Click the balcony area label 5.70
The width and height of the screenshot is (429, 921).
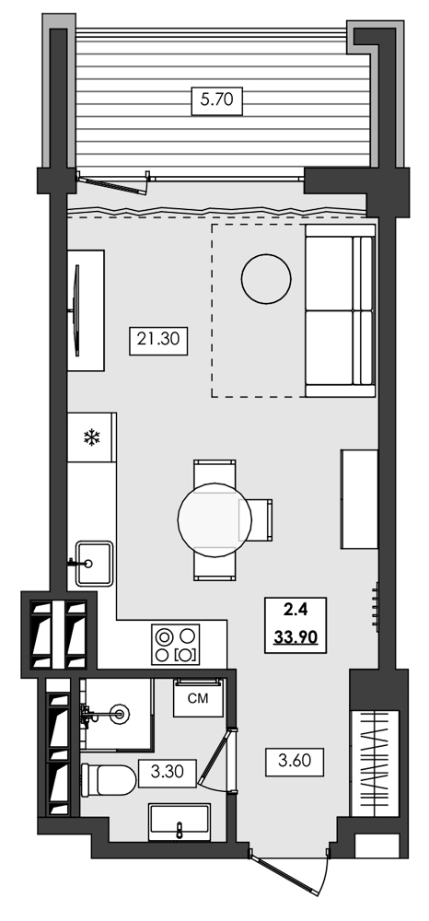click(x=216, y=99)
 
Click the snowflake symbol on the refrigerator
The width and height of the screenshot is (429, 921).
click(x=91, y=437)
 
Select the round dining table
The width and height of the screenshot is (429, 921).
click(x=212, y=520)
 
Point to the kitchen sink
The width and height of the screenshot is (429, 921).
click(x=93, y=561)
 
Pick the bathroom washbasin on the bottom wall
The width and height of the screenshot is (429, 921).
click(x=179, y=821)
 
